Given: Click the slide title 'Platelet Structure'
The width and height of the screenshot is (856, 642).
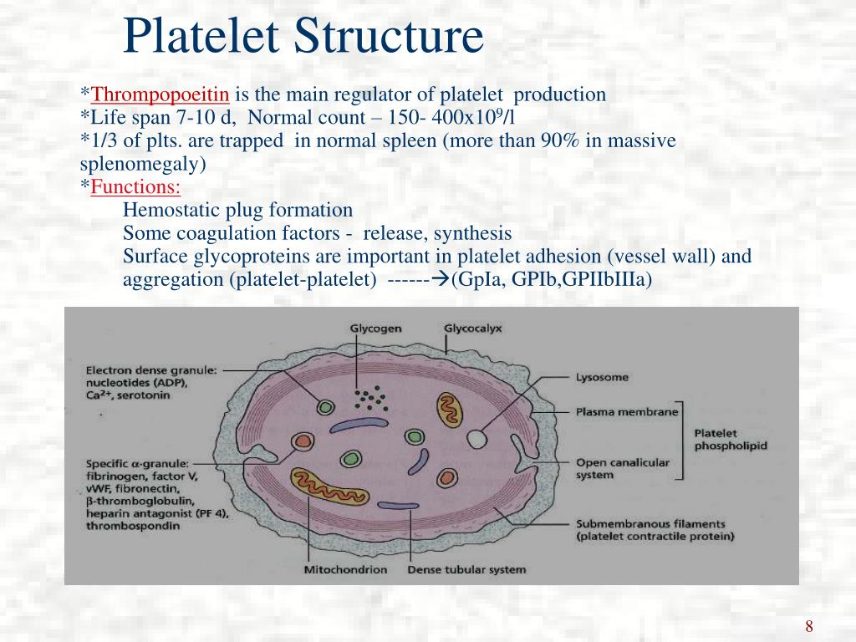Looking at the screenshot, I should (x=303, y=37).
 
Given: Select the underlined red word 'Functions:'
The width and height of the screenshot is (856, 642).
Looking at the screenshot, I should (x=135, y=186).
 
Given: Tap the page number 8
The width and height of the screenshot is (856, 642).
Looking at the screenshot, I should (x=809, y=627).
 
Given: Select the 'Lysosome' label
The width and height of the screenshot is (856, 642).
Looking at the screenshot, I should (x=602, y=377).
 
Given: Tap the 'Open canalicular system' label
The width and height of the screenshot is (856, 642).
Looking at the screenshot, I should (x=623, y=468).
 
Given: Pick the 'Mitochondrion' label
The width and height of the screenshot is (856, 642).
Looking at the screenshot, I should (x=346, y=569).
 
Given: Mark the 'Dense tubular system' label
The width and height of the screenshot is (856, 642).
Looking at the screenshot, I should (x=466, y=569).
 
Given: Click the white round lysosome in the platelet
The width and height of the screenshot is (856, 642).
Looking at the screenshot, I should (x=476, y=438).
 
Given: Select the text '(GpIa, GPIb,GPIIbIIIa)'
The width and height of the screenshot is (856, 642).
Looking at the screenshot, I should (x=551, y=279).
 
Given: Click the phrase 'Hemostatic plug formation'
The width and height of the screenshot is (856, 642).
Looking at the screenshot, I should (x=237, y=209).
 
